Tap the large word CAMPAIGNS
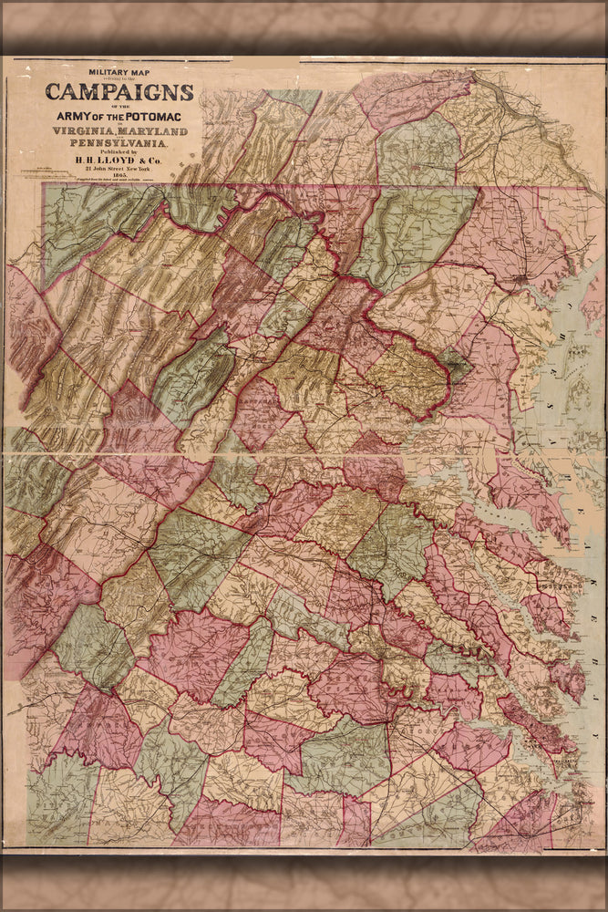(x=119, y=91)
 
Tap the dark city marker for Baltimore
(x=520, y=275)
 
